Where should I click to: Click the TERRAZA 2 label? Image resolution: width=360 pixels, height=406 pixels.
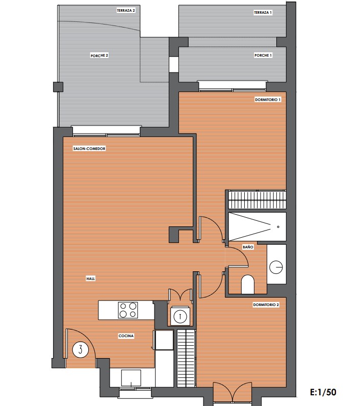[x=126, y=11]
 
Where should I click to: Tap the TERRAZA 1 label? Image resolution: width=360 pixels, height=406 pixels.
[x=263, y=12]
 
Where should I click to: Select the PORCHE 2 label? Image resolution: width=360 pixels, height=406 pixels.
[x=99, y=56]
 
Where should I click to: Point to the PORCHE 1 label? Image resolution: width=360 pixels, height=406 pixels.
[x=263, y=55]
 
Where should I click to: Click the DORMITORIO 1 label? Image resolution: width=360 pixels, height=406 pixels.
[x=268, y=99]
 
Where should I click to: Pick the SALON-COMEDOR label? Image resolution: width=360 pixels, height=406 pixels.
[x=89, y=148]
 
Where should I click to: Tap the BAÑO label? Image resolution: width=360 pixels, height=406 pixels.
[x=248, y=247]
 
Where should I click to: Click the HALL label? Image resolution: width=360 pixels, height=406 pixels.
[x=91, y=278]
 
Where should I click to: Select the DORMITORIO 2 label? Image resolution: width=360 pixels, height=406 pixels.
[x=266, y=305]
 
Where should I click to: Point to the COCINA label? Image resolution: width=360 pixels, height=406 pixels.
[x=126, y=336]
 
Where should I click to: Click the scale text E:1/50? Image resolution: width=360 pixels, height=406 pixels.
[x=323, y=392]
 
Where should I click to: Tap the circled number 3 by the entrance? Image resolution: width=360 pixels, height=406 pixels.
[x=81, y=350]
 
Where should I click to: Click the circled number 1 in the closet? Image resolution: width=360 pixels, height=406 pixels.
[x=181, y=316]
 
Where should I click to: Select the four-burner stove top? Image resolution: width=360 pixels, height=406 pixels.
[x=128, y=310]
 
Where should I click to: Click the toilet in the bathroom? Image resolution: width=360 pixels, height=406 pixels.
[x=248, y=284]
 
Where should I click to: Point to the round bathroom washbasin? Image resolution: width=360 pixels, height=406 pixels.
[x=276, y=267]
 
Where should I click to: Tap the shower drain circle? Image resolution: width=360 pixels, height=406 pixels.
[x=278, y=227]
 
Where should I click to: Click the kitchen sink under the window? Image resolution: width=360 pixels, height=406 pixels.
[x=131, y=378]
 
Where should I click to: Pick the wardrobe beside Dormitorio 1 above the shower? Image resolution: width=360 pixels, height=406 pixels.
[x=258, y=199]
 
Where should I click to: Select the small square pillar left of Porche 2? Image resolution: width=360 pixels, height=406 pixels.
[x=58, y=87]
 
